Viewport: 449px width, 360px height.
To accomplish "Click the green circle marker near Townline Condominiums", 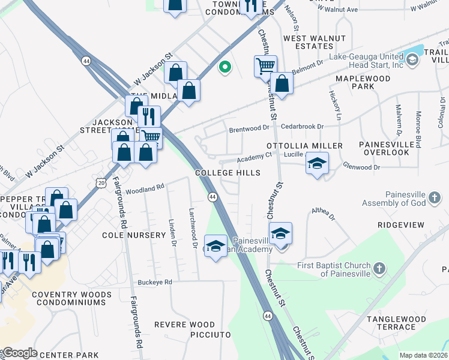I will (x=225, y=67).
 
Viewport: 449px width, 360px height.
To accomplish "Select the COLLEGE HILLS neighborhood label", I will (x=228, y=173).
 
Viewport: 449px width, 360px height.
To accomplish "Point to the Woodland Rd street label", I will (x=145, y=188).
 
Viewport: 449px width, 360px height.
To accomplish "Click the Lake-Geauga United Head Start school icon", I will (x=412, y=59).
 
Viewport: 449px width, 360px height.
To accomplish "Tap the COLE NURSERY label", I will (x=133, y=235).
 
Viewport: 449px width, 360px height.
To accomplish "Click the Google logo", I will (x=19, y=353).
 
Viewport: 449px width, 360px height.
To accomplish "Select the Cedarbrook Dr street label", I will (x=302, y=127).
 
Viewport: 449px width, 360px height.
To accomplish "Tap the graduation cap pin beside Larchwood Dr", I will (x=216, y=245).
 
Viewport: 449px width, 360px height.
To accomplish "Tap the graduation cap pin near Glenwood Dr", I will (x=317, y=163).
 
